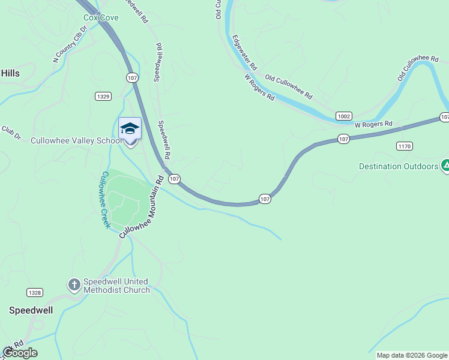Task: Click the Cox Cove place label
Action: (x=101, y=17)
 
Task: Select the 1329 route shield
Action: (x=103, y=96)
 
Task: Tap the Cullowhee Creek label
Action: (x=105, y=200)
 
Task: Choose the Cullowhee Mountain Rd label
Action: (x=142, y=207)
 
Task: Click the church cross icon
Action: (x=74, y=285)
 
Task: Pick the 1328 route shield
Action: (x=35, y=292)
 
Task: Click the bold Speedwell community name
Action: (x=31, y=310)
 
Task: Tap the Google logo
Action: (x=20, y=353)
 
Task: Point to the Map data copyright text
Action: (x=412, y=355)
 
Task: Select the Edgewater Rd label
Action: (x=246, y=53)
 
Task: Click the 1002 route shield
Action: (x=343, y=116)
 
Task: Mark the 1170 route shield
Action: (x=404, y=146)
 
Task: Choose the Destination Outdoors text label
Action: (x=399, y=166)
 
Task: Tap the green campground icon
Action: (x=445, y=164)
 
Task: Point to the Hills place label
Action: (x=10, y=73)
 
